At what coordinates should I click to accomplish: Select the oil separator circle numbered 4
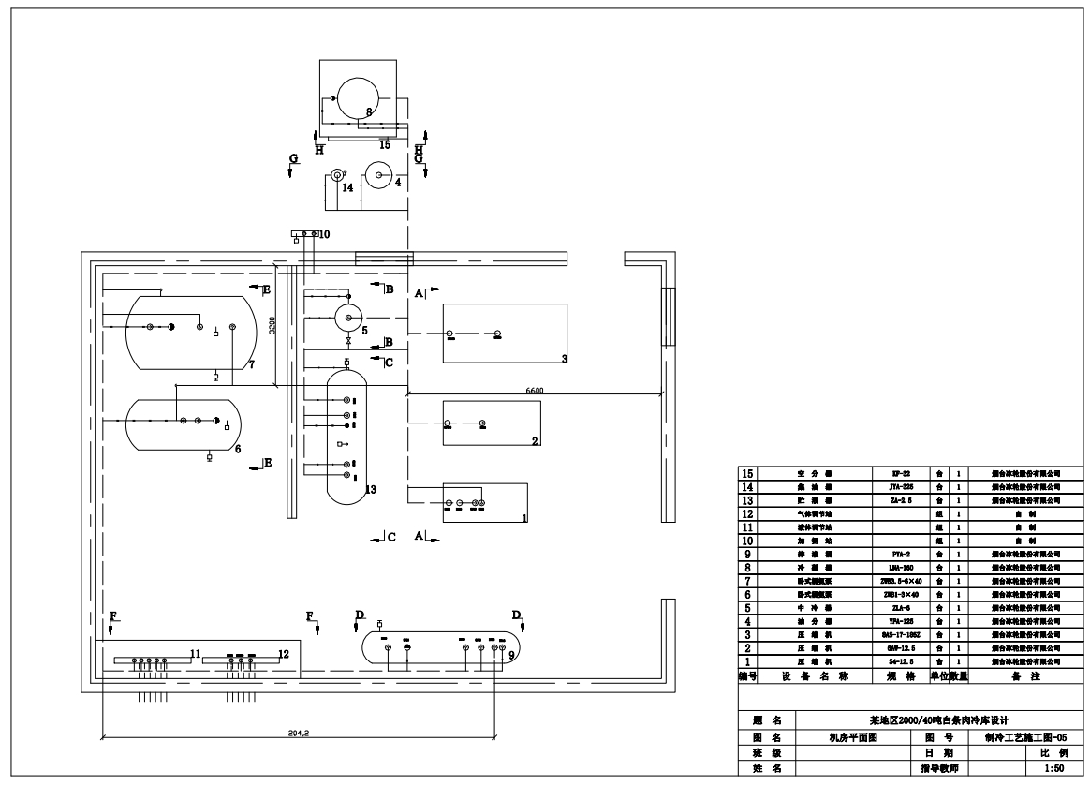pyautogui.click(x=379, y=175)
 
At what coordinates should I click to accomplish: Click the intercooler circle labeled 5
pyautogui.click(x=349, y=318)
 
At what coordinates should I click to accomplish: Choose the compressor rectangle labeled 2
pyautogui.click(x=492, y=423)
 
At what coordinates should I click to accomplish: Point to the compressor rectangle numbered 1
pyautogui.click(x=484, y=502)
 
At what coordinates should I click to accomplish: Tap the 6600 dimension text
pyautogui.click(x=535, y=391)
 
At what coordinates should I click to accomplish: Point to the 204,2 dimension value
pyautogui.click(x=299, y=733)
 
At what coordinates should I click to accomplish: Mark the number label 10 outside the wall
pyautogui.click(x=324, y=234)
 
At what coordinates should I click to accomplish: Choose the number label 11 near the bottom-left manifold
pyautogui.click(x=195, y=653)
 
